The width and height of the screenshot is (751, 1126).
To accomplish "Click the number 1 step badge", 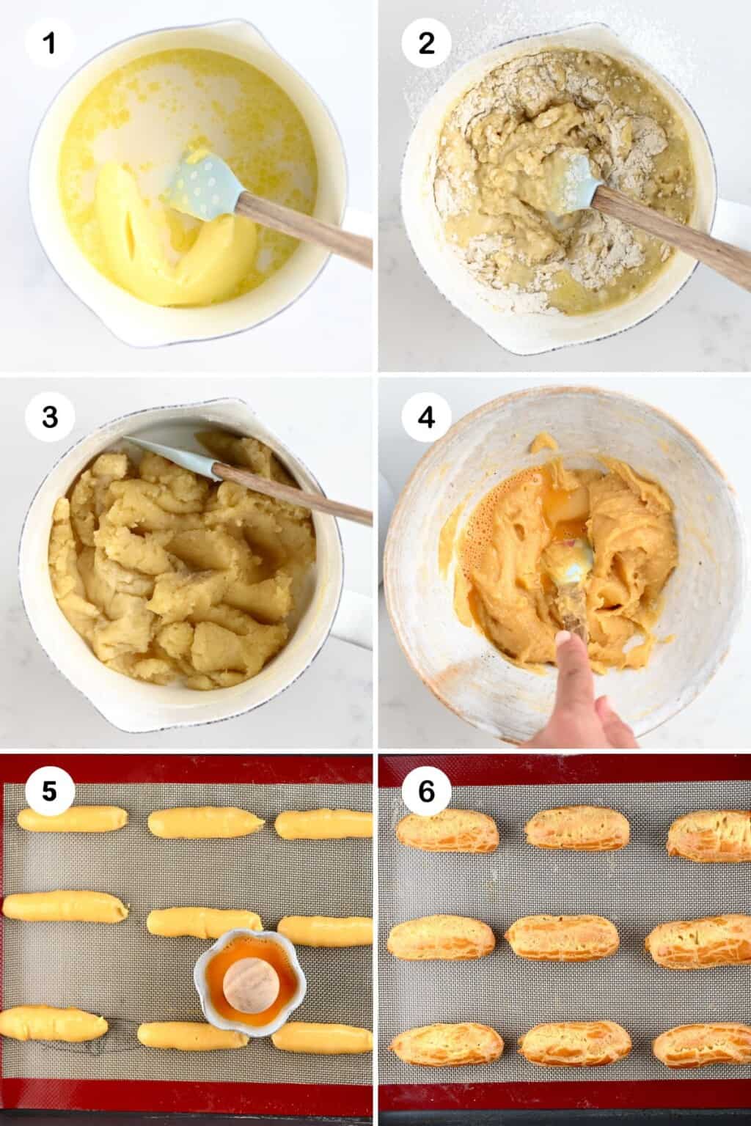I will [49, 44].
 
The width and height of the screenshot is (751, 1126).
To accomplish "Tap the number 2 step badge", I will [426, 44].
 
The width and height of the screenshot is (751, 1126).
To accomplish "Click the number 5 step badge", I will [49, 792].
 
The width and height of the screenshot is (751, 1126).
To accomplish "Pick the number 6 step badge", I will [426, 792].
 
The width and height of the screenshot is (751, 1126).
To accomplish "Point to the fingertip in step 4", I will [565, 642].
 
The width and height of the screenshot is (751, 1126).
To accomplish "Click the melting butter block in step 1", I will [147, 242].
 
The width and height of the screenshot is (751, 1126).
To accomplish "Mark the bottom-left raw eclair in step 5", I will [53, 1023].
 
